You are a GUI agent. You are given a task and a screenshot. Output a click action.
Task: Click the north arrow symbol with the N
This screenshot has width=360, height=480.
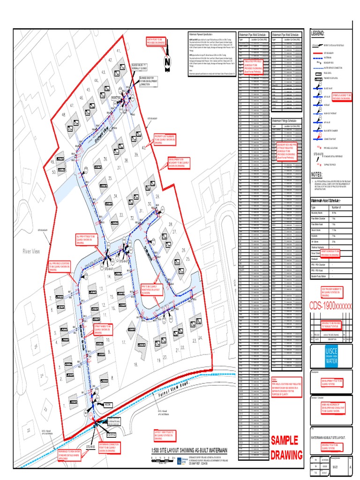166,62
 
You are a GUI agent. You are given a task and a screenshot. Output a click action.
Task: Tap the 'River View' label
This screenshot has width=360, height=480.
32,252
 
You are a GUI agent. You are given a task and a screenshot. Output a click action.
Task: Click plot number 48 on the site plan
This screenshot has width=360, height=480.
62,115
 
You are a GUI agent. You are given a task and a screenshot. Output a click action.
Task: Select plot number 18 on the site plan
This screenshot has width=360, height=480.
135,364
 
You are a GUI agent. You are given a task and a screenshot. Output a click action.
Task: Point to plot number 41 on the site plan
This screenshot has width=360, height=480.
119,51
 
